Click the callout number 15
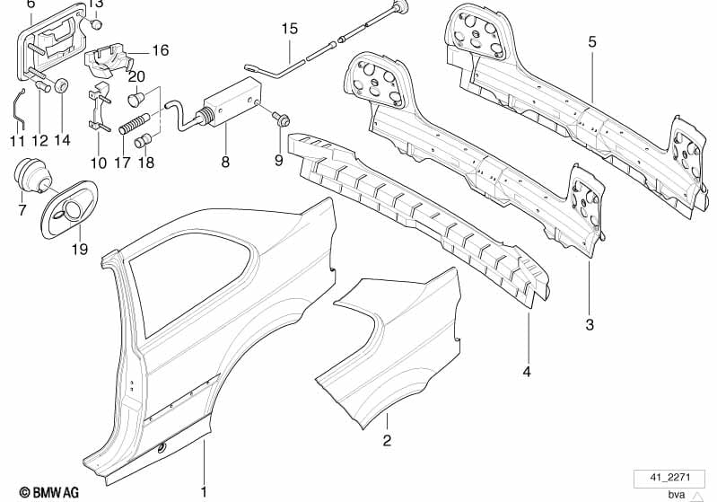point(290,29)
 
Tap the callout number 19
point(80,250)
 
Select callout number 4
point(527,372)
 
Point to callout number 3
point(590,325)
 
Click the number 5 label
point(592,42)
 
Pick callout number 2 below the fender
point(387,441)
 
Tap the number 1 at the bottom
point(204,492)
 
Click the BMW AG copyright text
point(49,492)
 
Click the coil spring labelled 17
point(132,124)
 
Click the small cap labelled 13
point(96,23)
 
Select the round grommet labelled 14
point(61,85)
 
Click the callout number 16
point(160,50)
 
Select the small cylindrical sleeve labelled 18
point(144,140)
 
